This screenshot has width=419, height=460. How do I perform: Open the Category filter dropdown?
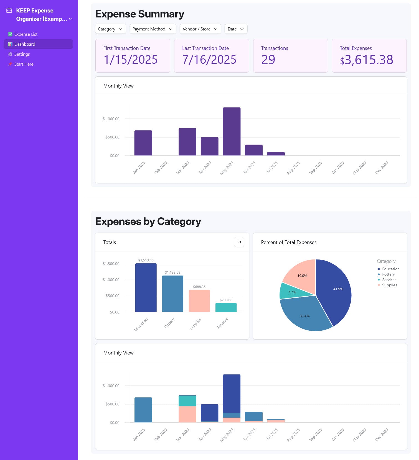(110, 29)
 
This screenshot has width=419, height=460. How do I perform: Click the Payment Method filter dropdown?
(153, 29)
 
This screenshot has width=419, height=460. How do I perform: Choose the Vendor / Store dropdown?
(200, 29)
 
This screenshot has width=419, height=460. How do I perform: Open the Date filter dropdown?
(236, 29)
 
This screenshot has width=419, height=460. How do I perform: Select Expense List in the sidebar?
(26, 34)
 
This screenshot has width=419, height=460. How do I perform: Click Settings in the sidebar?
(22, 54)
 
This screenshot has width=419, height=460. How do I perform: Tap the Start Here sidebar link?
(24, 64)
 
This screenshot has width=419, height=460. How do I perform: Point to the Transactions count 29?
(268, 60)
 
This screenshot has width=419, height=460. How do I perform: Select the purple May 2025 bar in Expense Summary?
(232, 132)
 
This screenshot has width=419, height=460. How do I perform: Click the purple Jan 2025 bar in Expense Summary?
(143, 143)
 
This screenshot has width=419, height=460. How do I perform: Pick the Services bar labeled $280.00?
(226, 307)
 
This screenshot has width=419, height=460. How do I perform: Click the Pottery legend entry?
(388, 274)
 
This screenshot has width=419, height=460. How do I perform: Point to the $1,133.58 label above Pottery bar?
(172, 273)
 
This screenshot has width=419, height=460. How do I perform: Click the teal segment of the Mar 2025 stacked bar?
(187, 401)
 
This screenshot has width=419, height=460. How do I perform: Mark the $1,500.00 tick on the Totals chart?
(111, 264)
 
